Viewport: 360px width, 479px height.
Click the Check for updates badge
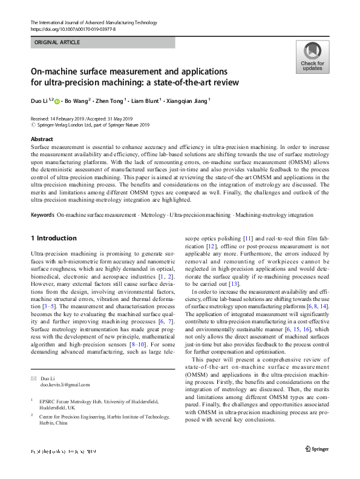click(312, 58)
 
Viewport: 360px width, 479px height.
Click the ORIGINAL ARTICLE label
click(57, 43)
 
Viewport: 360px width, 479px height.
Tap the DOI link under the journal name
click(73, 28)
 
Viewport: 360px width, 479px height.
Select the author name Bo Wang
click(79, 101)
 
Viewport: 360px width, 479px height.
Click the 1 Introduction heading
click(53, 238)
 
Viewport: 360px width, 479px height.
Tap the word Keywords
click(42, 215)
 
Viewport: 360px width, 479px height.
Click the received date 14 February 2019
click(68, 118)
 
